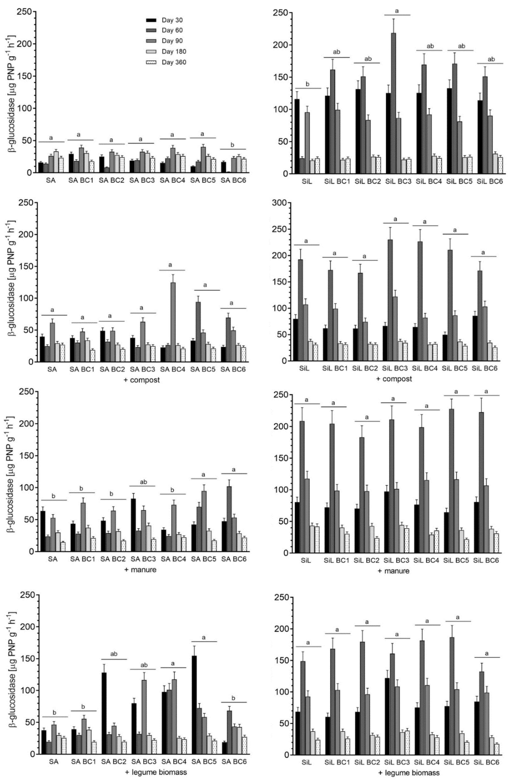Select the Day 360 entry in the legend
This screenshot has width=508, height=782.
[x=174, y=62]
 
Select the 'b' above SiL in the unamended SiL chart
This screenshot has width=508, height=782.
[x=307, y=84]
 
